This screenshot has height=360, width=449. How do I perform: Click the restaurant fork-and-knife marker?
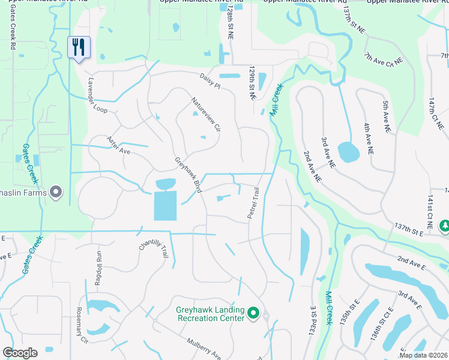point(79,47)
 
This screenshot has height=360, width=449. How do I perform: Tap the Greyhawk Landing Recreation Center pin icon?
point(253,313)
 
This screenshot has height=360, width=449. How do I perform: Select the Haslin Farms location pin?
point(56,192)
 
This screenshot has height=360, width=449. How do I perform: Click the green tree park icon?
point(444,226)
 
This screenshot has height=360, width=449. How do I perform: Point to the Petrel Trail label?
point(253,202)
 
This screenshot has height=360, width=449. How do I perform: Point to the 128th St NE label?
point(231,25)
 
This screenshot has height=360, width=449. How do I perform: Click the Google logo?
point(20,353)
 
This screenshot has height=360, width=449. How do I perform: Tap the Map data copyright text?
point(423,355)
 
